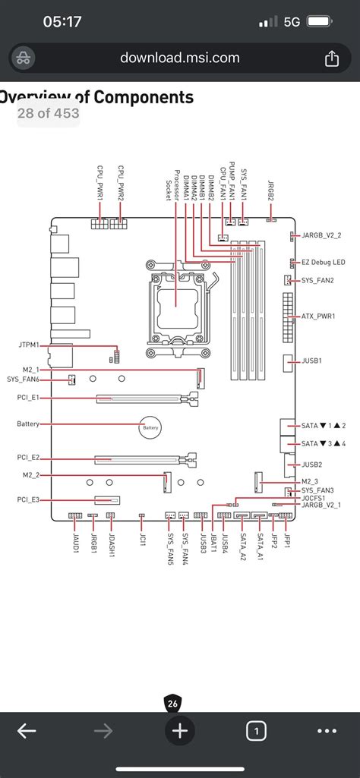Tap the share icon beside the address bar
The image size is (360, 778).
pyautogui.click(x=331, y=58)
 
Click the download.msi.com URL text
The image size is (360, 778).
pyautogui.click(x=180, y=58)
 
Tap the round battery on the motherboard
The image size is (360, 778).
pyautogui.click(x=150, y=427)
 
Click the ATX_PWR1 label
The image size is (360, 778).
pyautogui.click(x=318, y=316)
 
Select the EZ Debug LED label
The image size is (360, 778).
pyautogui.click(x=324, y=262)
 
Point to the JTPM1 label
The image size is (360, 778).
pyautogui.click(x=27, y=345)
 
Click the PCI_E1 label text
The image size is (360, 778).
pyautogui.click(x=28, y=398)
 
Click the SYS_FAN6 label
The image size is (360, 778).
pyautogui.click(x=23, y=380)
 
